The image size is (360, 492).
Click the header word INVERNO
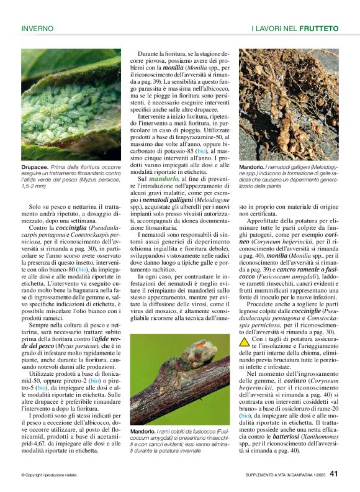(x=37, y=29)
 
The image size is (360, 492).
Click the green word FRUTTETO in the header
(x=318, y=29)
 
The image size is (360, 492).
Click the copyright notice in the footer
(x=48, y=475)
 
